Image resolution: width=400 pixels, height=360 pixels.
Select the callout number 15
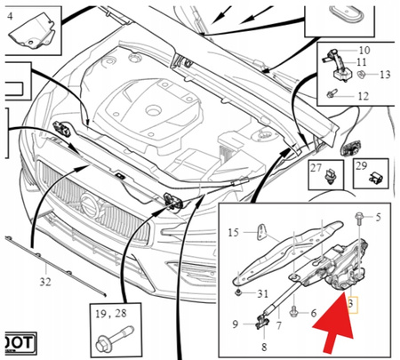[x=234, y=233]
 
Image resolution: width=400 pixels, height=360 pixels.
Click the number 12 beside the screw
[x=362, y=95]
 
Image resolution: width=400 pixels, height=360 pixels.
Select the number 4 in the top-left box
[x=9, y=13]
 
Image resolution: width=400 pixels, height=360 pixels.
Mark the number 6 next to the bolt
[x=315, y=312]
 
